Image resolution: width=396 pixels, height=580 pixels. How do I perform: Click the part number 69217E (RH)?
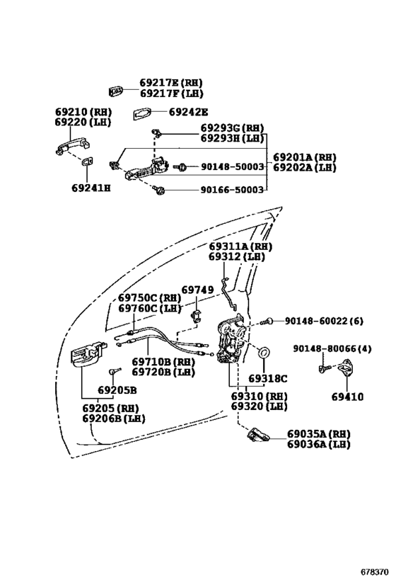click(171, 83)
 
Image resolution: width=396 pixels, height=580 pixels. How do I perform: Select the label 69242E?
click(188, 112)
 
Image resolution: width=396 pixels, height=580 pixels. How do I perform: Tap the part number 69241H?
click(91, 188)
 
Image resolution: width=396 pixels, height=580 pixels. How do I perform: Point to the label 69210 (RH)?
click(83, 112)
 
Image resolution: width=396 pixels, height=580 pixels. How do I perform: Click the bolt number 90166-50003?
click(232, 190)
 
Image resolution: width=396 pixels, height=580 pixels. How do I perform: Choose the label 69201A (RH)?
click(305, 157)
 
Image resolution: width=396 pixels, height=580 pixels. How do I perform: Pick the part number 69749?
click(197, 290)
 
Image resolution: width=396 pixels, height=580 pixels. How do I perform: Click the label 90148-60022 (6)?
click(324, 321)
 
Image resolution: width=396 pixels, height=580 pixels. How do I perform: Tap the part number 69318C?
click(268, 378)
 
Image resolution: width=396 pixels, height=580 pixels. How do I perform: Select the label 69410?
click(347, 397)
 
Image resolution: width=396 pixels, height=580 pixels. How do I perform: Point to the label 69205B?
click(117, 390)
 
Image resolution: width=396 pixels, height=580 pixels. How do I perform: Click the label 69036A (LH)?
click(319, 444)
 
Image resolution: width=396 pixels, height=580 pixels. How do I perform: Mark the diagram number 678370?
click(375, 572)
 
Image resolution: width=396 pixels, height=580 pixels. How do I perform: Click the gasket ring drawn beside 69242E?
click(142, 113)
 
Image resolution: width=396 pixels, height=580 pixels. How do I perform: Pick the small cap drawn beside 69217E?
click(116, 91)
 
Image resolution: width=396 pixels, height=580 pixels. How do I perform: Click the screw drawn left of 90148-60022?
click(267, 322)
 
